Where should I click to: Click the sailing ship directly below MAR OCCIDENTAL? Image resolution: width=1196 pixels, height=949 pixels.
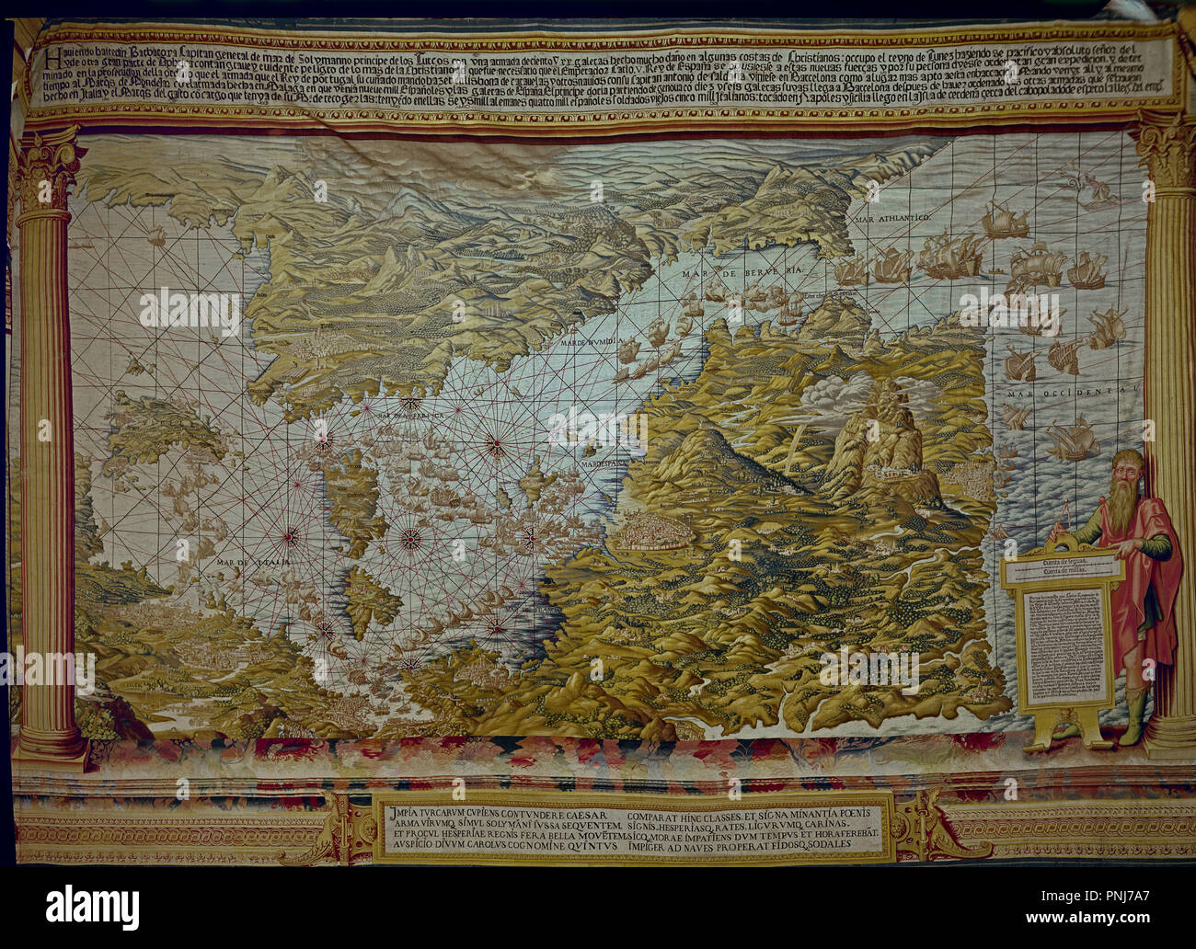click(1071, 440)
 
